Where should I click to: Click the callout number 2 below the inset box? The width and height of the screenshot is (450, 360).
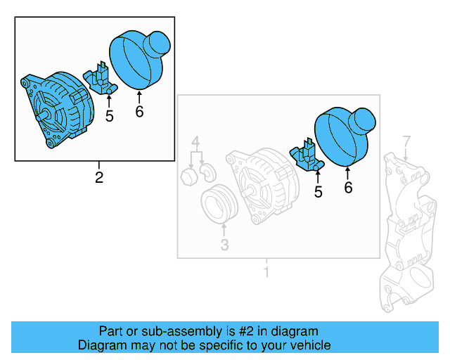99,177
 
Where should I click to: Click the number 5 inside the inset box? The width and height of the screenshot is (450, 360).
109,116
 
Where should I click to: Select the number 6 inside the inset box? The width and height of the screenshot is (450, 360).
139,111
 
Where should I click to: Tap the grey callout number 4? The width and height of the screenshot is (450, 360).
197,141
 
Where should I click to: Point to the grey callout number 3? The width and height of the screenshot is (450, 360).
224,245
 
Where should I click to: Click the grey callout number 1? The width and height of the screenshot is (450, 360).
266,272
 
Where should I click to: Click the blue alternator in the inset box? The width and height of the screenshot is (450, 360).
60,109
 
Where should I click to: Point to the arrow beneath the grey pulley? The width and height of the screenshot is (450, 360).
224,230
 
